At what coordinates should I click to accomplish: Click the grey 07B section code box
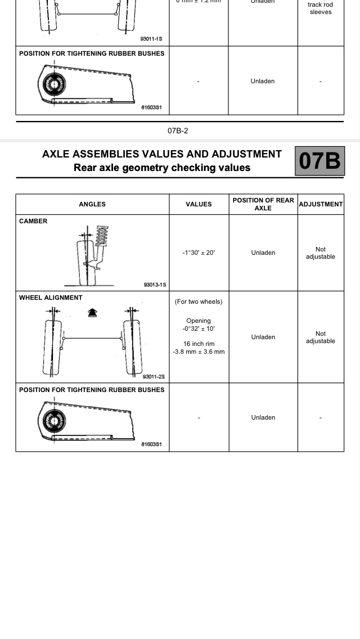coord(319,161)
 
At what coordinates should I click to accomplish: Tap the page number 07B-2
coord(178,130)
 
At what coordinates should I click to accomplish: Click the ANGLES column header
coord(92,204)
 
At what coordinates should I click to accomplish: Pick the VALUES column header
coord(199,204)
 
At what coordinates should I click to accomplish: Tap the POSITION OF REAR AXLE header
coord(263,204)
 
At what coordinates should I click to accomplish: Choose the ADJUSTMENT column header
coord(321,204)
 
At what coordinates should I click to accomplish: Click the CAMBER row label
coord(33,221)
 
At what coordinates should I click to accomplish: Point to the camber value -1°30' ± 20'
coord(199,253)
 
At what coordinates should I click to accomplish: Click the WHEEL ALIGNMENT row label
coord(51,298)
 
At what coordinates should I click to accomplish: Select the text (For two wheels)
coord(199,301)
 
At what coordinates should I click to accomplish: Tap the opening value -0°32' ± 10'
coord(199,328)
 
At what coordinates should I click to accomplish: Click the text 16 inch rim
coord(199,344)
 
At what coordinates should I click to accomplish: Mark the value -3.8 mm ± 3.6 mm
coord(199,352)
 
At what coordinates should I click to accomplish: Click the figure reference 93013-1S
coord(155,285)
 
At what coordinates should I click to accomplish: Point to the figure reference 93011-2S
coord(154,377)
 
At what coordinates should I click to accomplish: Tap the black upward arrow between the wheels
coord(92,312)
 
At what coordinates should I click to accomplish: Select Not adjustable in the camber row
coord(321,253)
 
